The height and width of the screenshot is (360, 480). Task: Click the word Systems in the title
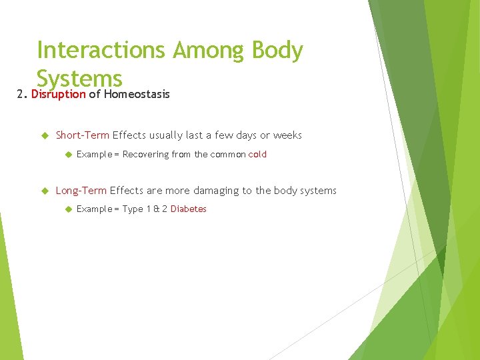coord(79,79)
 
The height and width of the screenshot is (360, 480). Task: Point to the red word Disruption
coord(58,94)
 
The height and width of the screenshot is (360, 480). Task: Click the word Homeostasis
coord(137,94)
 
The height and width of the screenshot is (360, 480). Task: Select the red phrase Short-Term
coord(82,135)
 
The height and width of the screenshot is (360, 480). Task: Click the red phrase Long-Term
coord(81,191)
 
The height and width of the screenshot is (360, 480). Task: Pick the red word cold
coord(257,154)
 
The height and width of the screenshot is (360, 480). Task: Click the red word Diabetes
coord(189,209)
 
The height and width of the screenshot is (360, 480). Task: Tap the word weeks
coord(287,135)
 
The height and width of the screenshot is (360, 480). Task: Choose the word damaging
coord(216,191)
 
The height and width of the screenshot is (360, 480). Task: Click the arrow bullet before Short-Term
coord(45,135)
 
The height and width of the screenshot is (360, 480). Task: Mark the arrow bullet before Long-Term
coord(45,191)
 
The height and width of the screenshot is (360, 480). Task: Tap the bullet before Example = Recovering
coord(67,154)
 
